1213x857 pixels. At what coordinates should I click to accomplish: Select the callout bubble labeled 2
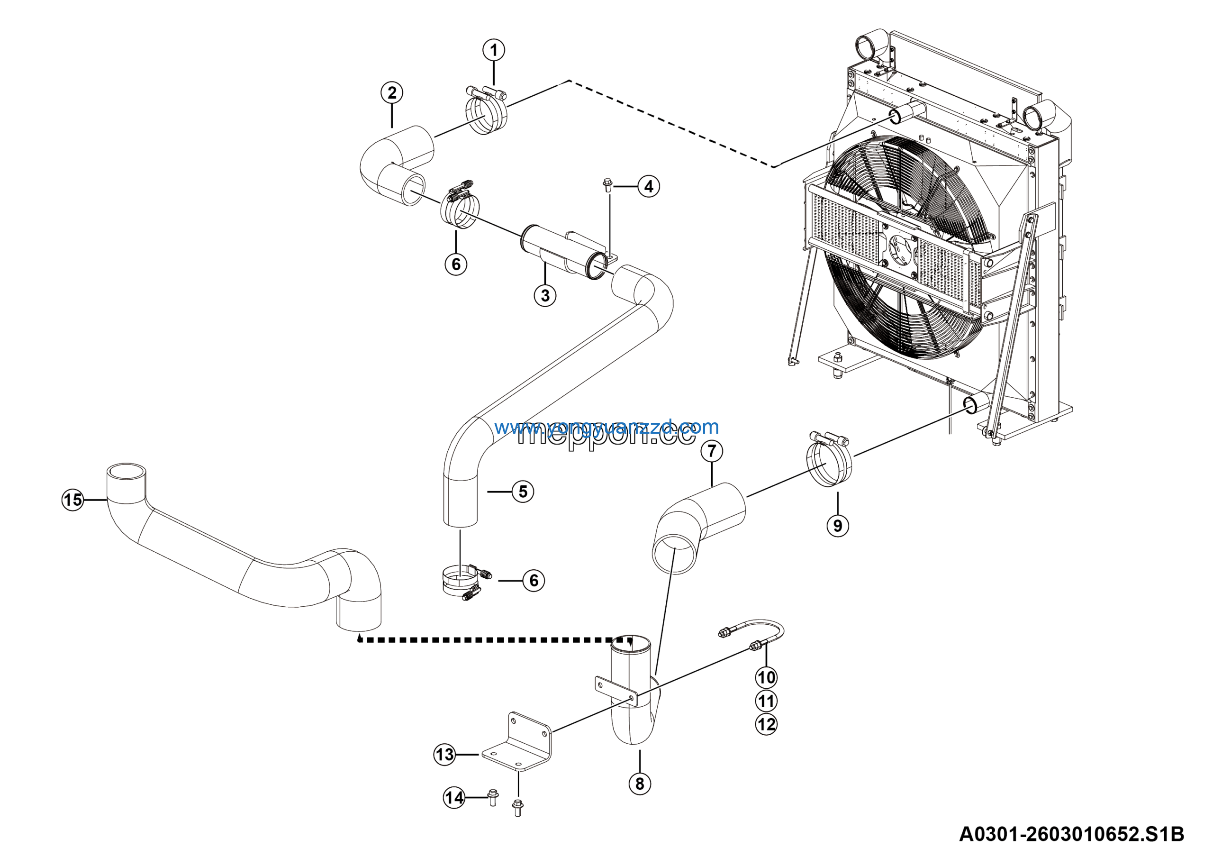[391, 93]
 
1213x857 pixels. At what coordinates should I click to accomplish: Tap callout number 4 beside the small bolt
[648, 186]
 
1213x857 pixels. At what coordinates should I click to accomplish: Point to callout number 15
[73, 499]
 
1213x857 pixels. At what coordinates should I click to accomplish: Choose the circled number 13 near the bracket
[444, 755]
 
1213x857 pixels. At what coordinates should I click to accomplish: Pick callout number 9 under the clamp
[837, 526]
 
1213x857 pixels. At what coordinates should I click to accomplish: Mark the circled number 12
[766, 724]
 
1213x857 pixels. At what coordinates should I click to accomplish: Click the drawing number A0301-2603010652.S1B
[1071, 834]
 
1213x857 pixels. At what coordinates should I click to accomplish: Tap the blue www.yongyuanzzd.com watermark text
[606, 427]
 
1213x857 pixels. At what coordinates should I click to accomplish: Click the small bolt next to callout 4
[607, 185]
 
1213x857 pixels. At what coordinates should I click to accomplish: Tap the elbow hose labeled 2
[396, 164]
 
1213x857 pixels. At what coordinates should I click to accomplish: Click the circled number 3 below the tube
[545, 295]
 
